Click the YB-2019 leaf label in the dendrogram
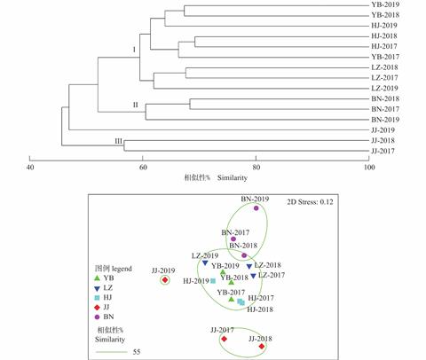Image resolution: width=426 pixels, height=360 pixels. (x=385, y=4)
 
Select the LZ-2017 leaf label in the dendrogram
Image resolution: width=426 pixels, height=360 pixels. (x=384, y=78)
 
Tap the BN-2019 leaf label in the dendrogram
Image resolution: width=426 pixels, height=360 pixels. (x=385, y=120)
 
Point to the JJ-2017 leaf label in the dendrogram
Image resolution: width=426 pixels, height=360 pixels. (x=383, y=151)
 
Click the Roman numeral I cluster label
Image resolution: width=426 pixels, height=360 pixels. (x=134, y=50)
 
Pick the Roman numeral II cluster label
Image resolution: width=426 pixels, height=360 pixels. (x=136, y=105)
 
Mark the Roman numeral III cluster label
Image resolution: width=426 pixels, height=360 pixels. (x=118, y=141)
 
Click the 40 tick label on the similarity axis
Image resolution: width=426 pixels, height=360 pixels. (x=30, y=168)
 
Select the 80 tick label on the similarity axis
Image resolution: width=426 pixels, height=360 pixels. (x=256, y=168)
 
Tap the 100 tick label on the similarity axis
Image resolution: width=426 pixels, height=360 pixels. (x=369, y=168)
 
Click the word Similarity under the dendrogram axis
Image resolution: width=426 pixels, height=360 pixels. (x=233, y=178)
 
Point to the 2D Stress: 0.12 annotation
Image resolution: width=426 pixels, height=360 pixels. (x=310, y=202)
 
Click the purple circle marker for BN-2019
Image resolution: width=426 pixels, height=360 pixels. (x=256, y=208)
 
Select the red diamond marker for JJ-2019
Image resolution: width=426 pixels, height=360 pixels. (x=165, y=280)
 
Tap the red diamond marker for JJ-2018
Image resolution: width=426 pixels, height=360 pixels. (x=261, y=346)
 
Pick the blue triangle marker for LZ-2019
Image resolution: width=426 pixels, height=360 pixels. (x=205, y=262)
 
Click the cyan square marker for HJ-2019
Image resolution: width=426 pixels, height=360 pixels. (x=213, y=281)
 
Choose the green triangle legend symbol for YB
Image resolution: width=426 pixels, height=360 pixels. (x=97, y=278)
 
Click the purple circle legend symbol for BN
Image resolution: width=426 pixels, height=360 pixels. (x=97, y=317)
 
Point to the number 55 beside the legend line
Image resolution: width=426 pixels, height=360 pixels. (x=137, y=352)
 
